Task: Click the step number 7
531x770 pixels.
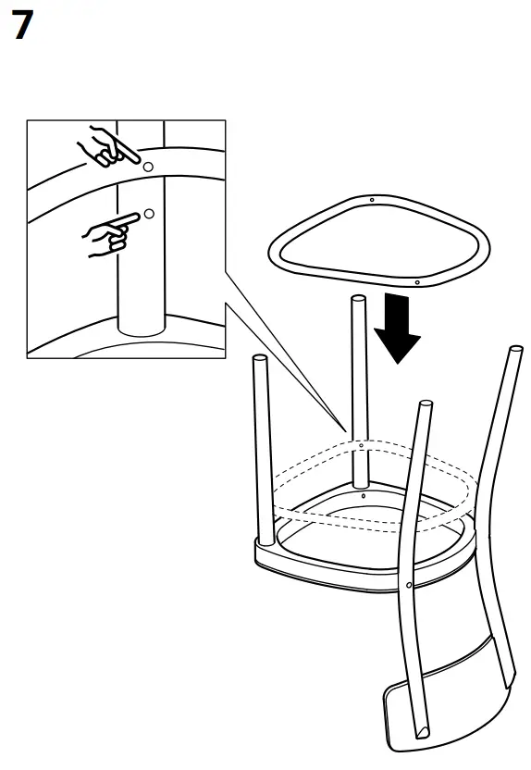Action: click(22, 26)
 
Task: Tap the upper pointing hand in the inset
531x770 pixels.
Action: click(109, 147)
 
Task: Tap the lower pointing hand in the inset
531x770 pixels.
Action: click(110, 234)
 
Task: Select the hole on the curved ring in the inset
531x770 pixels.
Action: click(148, 167)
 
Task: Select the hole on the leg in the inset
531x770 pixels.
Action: click(150, 214)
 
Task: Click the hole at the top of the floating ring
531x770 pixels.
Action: click(372, 200)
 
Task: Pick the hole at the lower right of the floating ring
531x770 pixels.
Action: click(417, 282)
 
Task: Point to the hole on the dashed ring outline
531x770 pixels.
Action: click(362, 445)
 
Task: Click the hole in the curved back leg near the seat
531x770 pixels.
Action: click(408, 585)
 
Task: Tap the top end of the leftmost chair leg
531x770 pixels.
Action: click(260, 357)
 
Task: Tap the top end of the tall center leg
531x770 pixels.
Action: click(359, 299)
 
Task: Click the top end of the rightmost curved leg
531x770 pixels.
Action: click(516, 350)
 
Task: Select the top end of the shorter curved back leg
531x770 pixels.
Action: click(426, 404)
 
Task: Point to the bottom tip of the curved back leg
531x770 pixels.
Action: click(421, 735)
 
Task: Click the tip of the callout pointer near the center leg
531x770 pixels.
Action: click(346, 431)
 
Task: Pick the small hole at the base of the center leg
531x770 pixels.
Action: click(364, 496)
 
